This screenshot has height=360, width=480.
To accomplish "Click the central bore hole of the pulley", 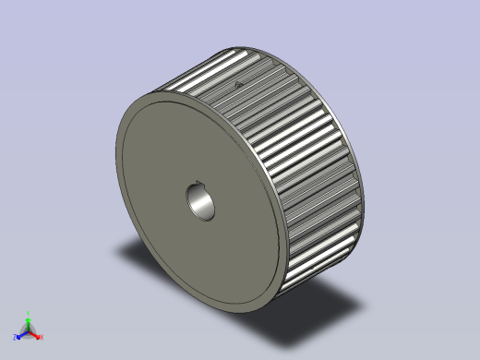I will coord(201,202).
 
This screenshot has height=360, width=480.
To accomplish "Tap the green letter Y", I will coord(29,313).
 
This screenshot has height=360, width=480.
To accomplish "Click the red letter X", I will coord(42,337).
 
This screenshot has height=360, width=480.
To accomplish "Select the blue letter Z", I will coord(14,337).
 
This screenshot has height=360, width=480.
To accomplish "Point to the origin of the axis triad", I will coord(28,331).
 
